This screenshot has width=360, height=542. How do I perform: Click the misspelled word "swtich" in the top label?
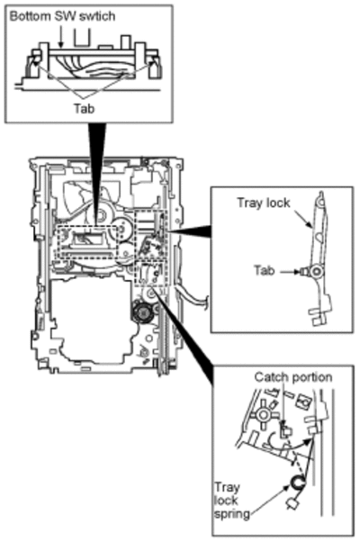pos(97,16)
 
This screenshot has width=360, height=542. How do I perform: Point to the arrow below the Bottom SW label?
pos(61,36)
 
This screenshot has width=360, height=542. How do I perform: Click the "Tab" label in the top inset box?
pos(84,109)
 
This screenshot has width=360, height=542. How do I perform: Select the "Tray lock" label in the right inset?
pos(264,203)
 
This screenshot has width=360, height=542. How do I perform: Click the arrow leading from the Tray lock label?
pos(302,218)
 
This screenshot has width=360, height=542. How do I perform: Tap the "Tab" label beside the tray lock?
pos(265,270)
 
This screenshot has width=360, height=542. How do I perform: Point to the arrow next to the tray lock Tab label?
pos(289,272)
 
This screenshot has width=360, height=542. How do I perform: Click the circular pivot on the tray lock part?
pos(315,272)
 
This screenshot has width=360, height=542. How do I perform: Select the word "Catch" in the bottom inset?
pos(269,377)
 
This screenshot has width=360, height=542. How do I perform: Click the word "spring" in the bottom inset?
pos(232,514)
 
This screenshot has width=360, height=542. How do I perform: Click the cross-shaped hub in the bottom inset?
pos(264,414)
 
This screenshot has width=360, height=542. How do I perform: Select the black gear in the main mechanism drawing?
pos(142,312)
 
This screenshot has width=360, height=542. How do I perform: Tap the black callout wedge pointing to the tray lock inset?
pos(191,230)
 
